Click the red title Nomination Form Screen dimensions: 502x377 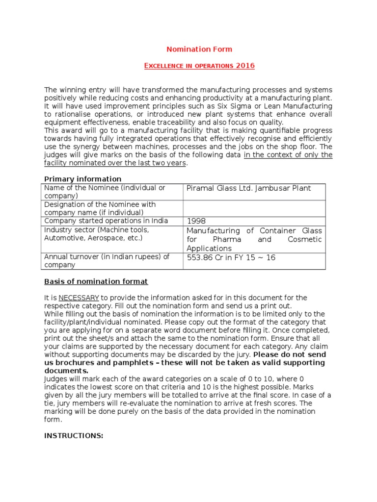coord(199,49)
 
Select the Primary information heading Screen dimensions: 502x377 coord(83,179)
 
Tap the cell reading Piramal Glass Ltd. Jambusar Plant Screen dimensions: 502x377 coord(248,188)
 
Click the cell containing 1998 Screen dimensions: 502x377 coord(196,221)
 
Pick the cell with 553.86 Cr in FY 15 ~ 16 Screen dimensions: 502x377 coord(231,258)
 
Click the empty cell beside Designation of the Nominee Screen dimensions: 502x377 coord(254,208)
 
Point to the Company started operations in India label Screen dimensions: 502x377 coord(105,221)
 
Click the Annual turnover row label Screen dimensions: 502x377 coord(107,261)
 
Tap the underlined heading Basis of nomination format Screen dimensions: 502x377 coord(96,281)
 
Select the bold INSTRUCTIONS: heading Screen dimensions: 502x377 coord(74,435)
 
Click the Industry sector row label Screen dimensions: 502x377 coord(97,234)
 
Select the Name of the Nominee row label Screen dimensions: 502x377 coord(105,192)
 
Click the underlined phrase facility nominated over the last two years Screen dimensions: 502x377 coord(115,163)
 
